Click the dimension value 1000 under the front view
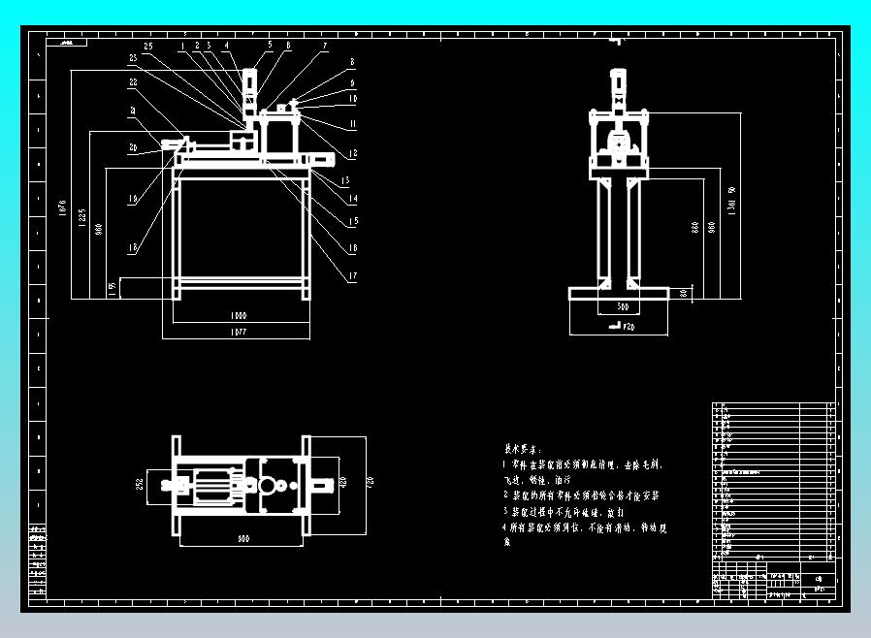[x=238, y=316]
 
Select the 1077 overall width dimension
[x=238, y=333]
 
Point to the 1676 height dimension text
[x=61, y=212]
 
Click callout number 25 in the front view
[x=147, y=47]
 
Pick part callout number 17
[x=353, y=276]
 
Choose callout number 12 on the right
[x=353, y=154]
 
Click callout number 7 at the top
[x=325, y=46]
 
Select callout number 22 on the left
[x=133, y=83]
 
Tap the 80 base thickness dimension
[x=683, y=292]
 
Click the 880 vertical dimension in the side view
[x=694, y=227]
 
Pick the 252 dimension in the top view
[x=140, y=484]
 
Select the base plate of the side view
[x=619, y=293]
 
